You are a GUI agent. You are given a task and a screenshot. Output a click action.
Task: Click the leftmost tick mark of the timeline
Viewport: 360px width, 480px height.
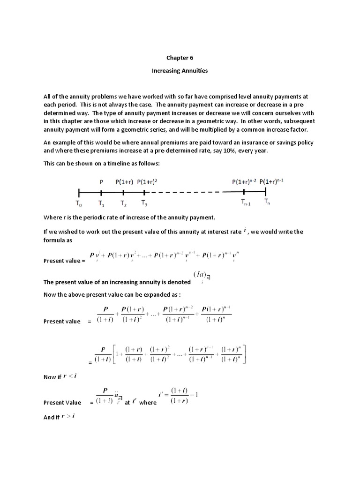point(79,192)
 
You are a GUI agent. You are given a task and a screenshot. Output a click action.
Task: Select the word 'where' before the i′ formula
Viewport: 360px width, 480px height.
point(148,403)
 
